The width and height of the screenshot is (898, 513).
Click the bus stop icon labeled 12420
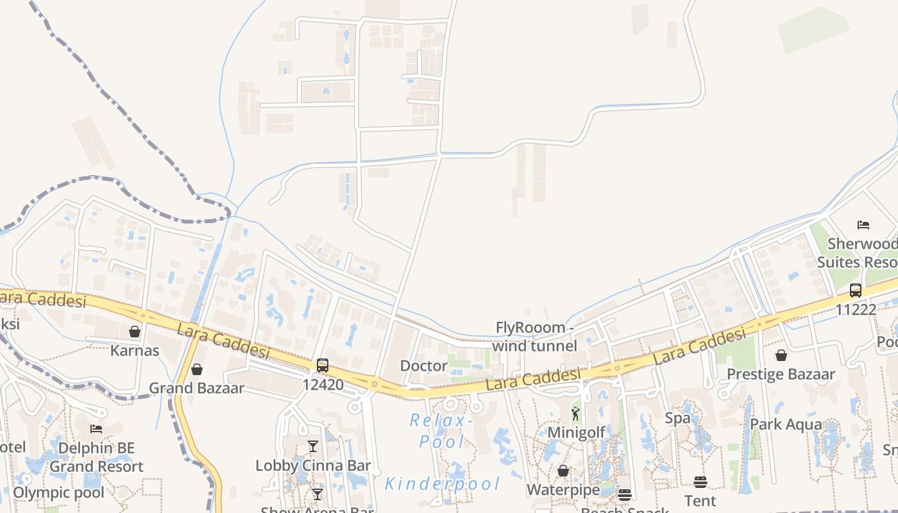tap(323, 366)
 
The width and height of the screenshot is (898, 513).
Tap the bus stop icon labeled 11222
tap(856, 290)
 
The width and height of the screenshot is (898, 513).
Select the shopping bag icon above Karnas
tap(135, 332)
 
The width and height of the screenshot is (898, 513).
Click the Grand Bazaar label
tap(197, 388)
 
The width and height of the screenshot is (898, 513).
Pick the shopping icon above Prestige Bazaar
tap(781, 355)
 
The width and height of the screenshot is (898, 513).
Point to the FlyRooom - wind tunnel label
tap(534, 337)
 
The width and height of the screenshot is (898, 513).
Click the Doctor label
tap(423, 366)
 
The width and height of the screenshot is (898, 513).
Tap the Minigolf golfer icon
tap(575, 414)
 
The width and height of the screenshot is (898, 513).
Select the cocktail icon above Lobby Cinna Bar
tap(313, 446)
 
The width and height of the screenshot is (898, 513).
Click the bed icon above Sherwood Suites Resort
tap(863, 225)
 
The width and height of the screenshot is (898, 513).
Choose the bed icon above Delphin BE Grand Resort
tap(96, 429)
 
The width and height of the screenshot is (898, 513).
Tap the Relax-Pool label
tap(441, 431)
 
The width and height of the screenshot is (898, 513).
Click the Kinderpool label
tap(442, 484)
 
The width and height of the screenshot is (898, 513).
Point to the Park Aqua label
tap(786, 425)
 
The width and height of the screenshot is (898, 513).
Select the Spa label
tap(677, 418)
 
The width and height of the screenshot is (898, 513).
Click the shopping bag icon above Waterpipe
tap(563, 471)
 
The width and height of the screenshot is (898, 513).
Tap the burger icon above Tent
tap(700, 482)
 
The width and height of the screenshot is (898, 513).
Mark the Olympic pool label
tap(58, 492)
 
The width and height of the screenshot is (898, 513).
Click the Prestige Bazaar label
tap(781, 374)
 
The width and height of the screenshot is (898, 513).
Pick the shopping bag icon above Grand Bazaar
tap(197, 369)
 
